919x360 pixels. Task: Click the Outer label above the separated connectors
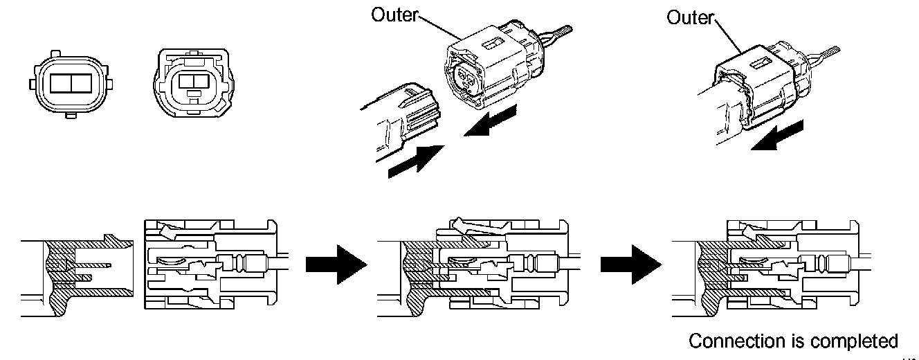[395, 15]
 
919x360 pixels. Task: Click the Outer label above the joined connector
[689, 17]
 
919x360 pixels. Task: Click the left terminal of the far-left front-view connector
[59, 84]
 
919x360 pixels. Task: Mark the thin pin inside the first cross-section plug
[91, 266]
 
